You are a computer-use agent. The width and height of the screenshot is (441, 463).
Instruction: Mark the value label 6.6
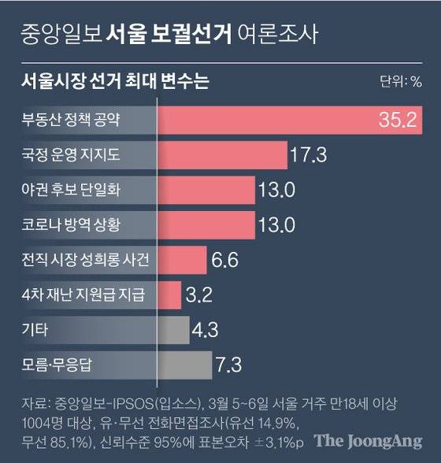223,260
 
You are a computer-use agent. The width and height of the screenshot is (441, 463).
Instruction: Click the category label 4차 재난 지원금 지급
82,295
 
